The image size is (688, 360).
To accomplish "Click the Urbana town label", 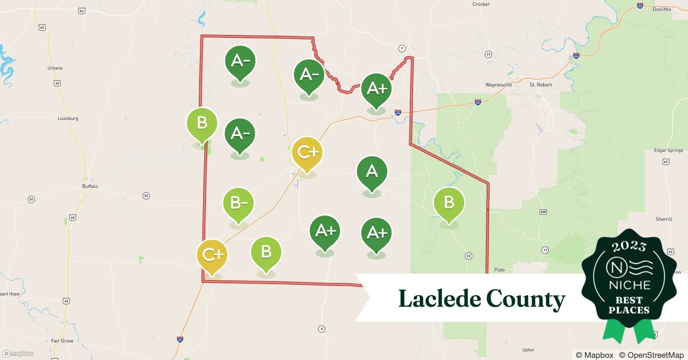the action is point(55,68).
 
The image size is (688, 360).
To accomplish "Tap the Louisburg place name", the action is point(68,118).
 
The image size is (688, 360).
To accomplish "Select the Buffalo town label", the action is point(90,186).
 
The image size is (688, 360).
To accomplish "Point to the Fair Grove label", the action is point(62,341).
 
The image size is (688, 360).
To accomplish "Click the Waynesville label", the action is point(499,85).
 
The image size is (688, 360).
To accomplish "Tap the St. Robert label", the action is point(540,85).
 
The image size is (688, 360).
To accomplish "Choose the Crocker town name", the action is point(481,4).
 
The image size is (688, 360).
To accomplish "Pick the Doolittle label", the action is point(662,9).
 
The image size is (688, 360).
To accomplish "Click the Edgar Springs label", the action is point(668,150).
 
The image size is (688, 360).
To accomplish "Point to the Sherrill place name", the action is point(664,219).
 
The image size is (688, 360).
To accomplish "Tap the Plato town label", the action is point(499,270).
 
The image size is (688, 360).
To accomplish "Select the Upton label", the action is point(528,350).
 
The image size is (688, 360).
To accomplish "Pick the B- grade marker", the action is point(238,203).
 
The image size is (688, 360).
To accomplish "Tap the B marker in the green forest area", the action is point(449,203).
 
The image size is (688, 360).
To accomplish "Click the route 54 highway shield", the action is point(82,11).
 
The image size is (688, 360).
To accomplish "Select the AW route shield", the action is point(543,212).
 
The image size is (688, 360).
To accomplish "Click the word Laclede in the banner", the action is point(439,299).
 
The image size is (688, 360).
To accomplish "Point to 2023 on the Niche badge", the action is point(629,246).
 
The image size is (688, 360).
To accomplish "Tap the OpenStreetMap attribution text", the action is point(651,355).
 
